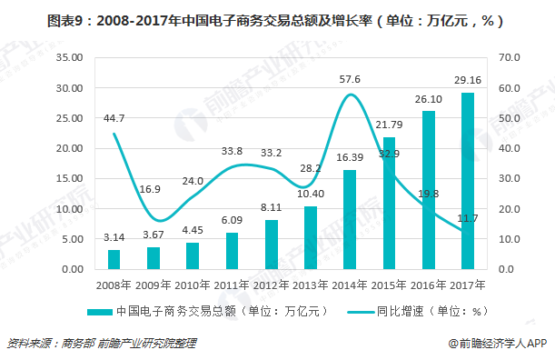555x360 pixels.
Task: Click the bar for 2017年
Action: [x=468, y=181]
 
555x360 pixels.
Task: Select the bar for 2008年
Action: [x=114, y=260]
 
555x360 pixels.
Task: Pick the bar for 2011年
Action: [x=232, y=252]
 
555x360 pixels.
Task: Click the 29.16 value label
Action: [x=468, y=81]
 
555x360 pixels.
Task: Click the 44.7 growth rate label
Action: [x=114, y=117]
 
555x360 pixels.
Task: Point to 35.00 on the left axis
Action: [x=70, y=57]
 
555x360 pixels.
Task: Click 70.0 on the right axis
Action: [x=510, y=57]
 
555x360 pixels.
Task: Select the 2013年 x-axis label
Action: [x=310, y=285]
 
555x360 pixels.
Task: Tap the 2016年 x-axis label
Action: [x=428, y=285]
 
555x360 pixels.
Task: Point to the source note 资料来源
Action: [x=101, y=344]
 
